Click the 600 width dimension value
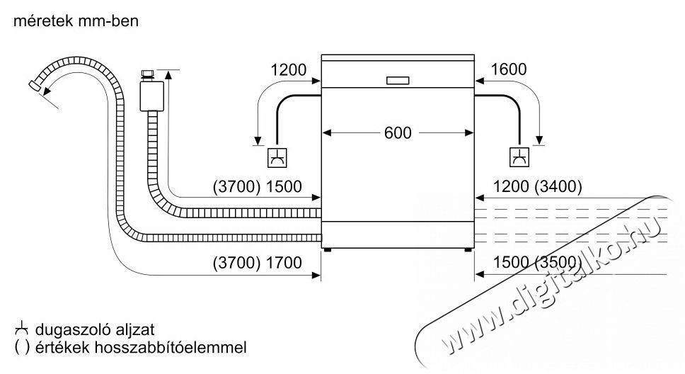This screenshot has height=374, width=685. click(398, 132)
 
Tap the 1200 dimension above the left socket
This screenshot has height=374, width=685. click(288, 69)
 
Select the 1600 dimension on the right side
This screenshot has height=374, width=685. click(509, 69)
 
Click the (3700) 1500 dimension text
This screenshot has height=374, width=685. click(258, 187)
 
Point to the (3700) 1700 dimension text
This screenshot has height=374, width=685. click(258, 263)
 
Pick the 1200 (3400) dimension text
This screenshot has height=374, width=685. click(537, 187)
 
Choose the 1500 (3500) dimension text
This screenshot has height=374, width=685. click(537, 263)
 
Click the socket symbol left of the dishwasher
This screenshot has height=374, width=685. click(277, 158)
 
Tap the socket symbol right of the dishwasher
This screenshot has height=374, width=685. click(519, 157)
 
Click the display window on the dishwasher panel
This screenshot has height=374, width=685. click(398, 81)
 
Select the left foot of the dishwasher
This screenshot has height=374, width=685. click(328, 250)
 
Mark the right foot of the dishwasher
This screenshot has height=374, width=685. click(468, 250)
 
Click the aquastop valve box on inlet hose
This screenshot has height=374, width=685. click(152, 96)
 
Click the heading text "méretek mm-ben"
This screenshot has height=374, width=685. click(76, 21)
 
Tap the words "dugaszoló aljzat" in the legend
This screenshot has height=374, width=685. click(95, 329)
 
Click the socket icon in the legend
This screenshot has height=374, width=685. click(22, 329)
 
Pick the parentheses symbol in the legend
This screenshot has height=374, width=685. click(22, 348)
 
